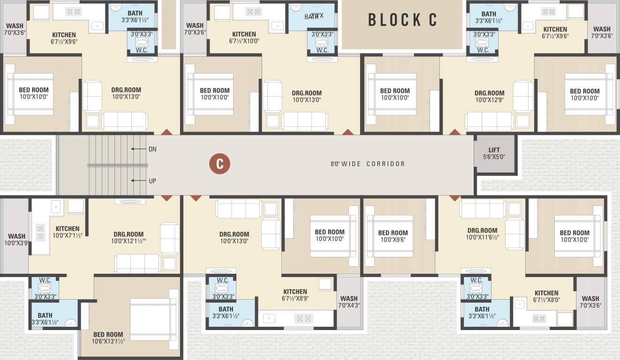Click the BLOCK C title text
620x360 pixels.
coord(402,20)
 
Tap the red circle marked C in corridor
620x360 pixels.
coord(219,164)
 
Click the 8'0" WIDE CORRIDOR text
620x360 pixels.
coord(367,164)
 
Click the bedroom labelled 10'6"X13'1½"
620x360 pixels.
coord(108,338)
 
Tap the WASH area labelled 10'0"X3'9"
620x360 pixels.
coord(16,240)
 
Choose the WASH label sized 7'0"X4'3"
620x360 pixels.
coord(349,302)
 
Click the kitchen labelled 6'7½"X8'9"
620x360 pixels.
coord(295,295)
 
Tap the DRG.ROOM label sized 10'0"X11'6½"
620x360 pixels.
coord(482,234)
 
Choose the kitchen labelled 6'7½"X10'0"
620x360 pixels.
coord(244,37)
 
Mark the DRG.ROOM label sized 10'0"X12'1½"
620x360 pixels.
coord(129,238)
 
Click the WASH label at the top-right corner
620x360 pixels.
coord(602,32)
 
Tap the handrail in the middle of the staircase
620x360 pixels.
coord(117,165)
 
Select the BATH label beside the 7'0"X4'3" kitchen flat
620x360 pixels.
coord(226,312)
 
